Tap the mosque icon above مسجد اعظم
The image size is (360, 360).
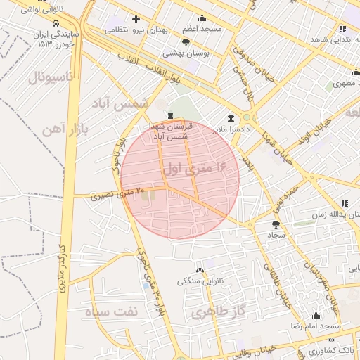coord(202,18)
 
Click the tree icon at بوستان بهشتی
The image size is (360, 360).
coord(186,42)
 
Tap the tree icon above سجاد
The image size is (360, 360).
coord(275,224)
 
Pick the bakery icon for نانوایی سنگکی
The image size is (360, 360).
coord(200,270)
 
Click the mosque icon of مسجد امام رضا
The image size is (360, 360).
coord(316,316)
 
